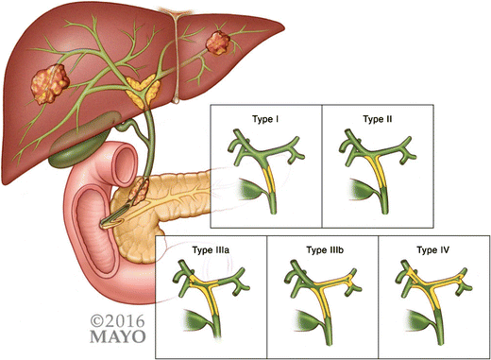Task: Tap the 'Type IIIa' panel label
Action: (212, 250)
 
